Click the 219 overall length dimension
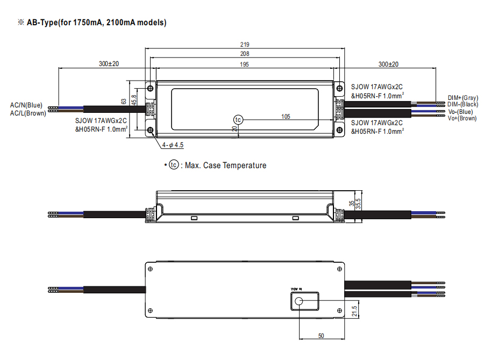pos(245,45)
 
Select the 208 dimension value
pos(245,54)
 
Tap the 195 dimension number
pos(245,64)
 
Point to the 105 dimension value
pos(286,116)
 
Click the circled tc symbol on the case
pos(238,119)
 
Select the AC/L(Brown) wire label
pos(28,113)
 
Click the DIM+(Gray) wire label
pos(462,98)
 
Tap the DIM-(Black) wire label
pos(462,104)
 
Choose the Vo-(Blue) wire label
pos(461,112)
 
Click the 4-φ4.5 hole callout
pos(173,145)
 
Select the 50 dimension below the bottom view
pos(321,336)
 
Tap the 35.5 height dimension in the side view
pos(358,204)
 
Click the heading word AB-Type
pos(45,23)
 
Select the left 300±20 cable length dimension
pos(109,64)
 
